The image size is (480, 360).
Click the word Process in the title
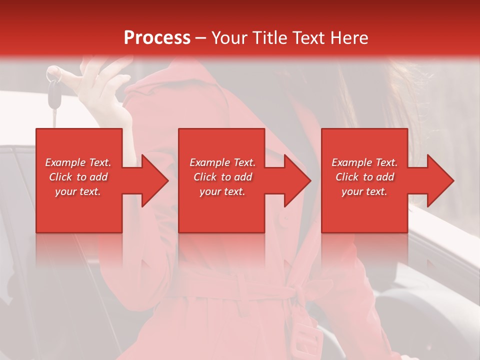157,38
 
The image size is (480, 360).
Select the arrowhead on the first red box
154,180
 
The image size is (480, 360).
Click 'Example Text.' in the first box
78,162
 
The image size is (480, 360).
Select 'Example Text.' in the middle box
222,162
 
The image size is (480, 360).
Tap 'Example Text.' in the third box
364,162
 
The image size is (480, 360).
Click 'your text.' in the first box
78,191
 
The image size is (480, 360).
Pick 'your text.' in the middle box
222,191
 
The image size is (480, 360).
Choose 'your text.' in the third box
364,191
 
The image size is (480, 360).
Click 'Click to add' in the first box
78,177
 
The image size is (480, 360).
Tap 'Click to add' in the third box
364,177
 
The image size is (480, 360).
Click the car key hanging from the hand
53,95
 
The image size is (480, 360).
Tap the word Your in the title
229,38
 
